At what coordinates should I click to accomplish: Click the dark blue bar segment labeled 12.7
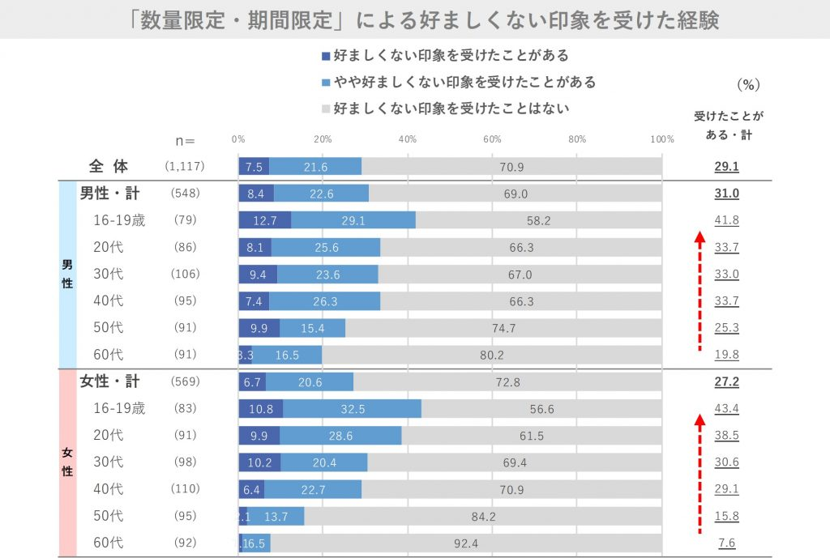[x=264, y=220]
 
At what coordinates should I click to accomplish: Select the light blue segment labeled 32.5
[x=352, y=409]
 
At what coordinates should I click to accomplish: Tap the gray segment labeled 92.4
[x=466, y=543]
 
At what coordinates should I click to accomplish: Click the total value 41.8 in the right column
[x=726, y=220]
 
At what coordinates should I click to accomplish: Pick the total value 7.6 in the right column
[x=726, y=543]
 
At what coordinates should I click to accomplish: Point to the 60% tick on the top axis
[x=492, y=139]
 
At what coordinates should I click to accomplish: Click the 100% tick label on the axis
[x=661, y=139]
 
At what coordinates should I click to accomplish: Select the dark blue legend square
[x=326, y=57]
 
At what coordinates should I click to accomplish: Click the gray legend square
[x=326, y=108]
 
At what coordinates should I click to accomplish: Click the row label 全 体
[x=109, y=167]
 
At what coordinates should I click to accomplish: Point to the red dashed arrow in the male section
[x=699, y=292]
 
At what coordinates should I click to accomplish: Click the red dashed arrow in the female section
[x=699, y=474]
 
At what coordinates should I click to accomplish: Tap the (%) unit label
[x=748, y=84]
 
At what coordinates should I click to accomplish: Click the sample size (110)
[x=186, y=489]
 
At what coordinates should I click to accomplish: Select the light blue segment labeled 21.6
[x=314, y=167]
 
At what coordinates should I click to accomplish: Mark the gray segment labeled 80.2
[x=491, y=355]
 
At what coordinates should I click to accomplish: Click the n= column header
[x=186, y=139]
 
